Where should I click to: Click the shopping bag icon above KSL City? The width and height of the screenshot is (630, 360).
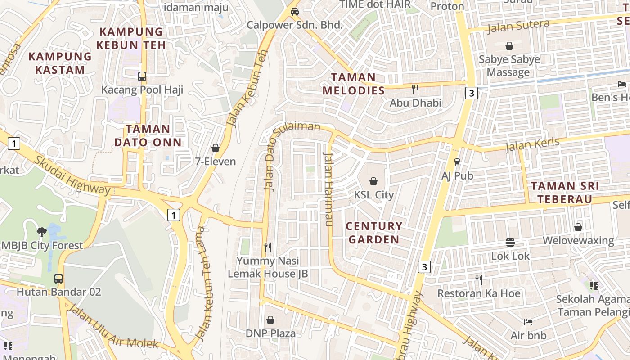pyautogui.click(x=373, y=181)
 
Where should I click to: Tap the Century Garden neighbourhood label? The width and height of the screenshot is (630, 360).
pyautogui.click(x=373, y=233)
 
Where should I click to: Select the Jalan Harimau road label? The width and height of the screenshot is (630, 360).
pyautogui.click(x=328, y=189)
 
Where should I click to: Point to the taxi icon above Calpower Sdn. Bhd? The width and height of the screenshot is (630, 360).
pyautogui.click(x=295, y=11)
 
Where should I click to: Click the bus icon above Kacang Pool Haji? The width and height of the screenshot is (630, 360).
pyautogui.click(x=142, y=76)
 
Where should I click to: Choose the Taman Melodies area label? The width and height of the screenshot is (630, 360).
pyautogui.click(x=354, y=84)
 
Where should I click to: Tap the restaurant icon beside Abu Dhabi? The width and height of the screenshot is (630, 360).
pyautogui.click(x=415, y=90)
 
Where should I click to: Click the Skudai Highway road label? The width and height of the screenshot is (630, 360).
pyautogui.click(x=72, y=175)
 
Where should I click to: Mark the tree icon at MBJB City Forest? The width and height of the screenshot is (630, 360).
pyautogui.click(x=42, y=232)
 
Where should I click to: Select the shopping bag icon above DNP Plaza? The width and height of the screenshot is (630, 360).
pyautogui.click(x=270, y=320)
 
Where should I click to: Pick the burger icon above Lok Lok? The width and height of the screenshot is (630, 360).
pyautogui.click(x=510, y=243)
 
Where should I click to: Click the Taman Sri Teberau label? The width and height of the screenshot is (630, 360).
pyautogui.click(x=565, y=193)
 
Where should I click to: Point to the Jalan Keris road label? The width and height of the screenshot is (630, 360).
pyautogui.click(x=532, y=145)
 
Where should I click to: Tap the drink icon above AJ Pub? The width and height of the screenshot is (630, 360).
pyautogui.click(x=457, y=162)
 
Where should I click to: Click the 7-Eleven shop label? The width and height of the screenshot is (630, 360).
pyautogui.click(x=216, y=161)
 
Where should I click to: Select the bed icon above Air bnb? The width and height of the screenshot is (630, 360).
pyautogui.click(x=528, y=322)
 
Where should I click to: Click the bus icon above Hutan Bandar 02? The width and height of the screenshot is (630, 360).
pyautogui.click(x=58, y=278)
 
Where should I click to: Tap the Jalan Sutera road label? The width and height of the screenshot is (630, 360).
pyautogui.click(x=518, y=27)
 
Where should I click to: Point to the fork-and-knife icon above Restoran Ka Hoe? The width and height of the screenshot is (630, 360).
pyautogui.click(x=479, y=280)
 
